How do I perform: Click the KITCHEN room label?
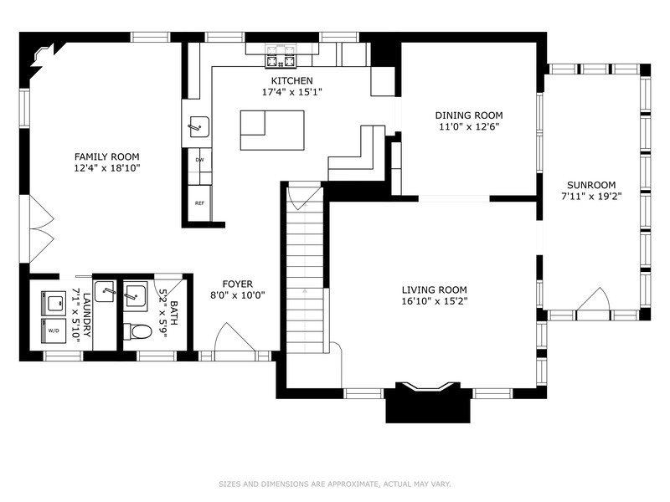point(291,80)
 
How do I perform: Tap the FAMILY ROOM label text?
point(107,156)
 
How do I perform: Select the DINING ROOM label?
point(469,115)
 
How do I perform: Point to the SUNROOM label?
point(591,185)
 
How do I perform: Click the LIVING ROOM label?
point(434,289)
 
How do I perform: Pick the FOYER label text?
point(238,284)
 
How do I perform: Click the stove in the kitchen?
point(281,56)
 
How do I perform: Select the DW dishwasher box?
point(199,160)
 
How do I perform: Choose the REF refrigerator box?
point(199,203)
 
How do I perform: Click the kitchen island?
point(272,131)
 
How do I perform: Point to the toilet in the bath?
point(137,331)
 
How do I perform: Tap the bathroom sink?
point(136,295)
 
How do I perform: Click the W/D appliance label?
point(54,330)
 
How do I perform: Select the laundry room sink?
point(104,291)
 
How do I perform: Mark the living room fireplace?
point(428,402)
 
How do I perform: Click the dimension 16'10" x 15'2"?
point(434,301)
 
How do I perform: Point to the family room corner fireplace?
point(42,55)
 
